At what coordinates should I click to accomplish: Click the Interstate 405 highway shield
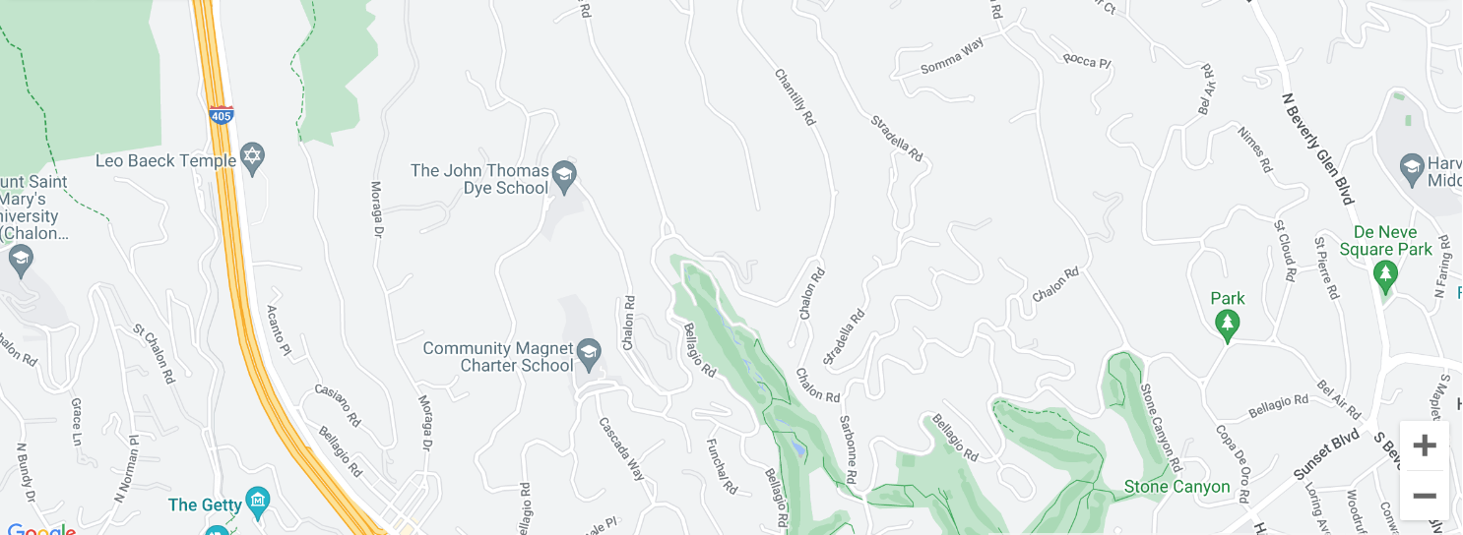click(222, 114)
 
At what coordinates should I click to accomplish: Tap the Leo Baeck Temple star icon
click(253, 157)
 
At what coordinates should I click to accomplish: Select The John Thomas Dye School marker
click(563, 176)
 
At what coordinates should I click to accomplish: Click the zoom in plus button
click(1424, 446)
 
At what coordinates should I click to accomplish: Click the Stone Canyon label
click(1177, 487)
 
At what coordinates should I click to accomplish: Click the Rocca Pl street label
click(1087, 61)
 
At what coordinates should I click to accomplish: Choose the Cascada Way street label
click(622, 448)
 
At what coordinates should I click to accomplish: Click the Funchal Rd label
click(722, 463)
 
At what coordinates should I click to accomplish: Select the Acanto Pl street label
click(280, 328)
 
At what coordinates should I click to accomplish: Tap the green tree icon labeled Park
click(1227, 324)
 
